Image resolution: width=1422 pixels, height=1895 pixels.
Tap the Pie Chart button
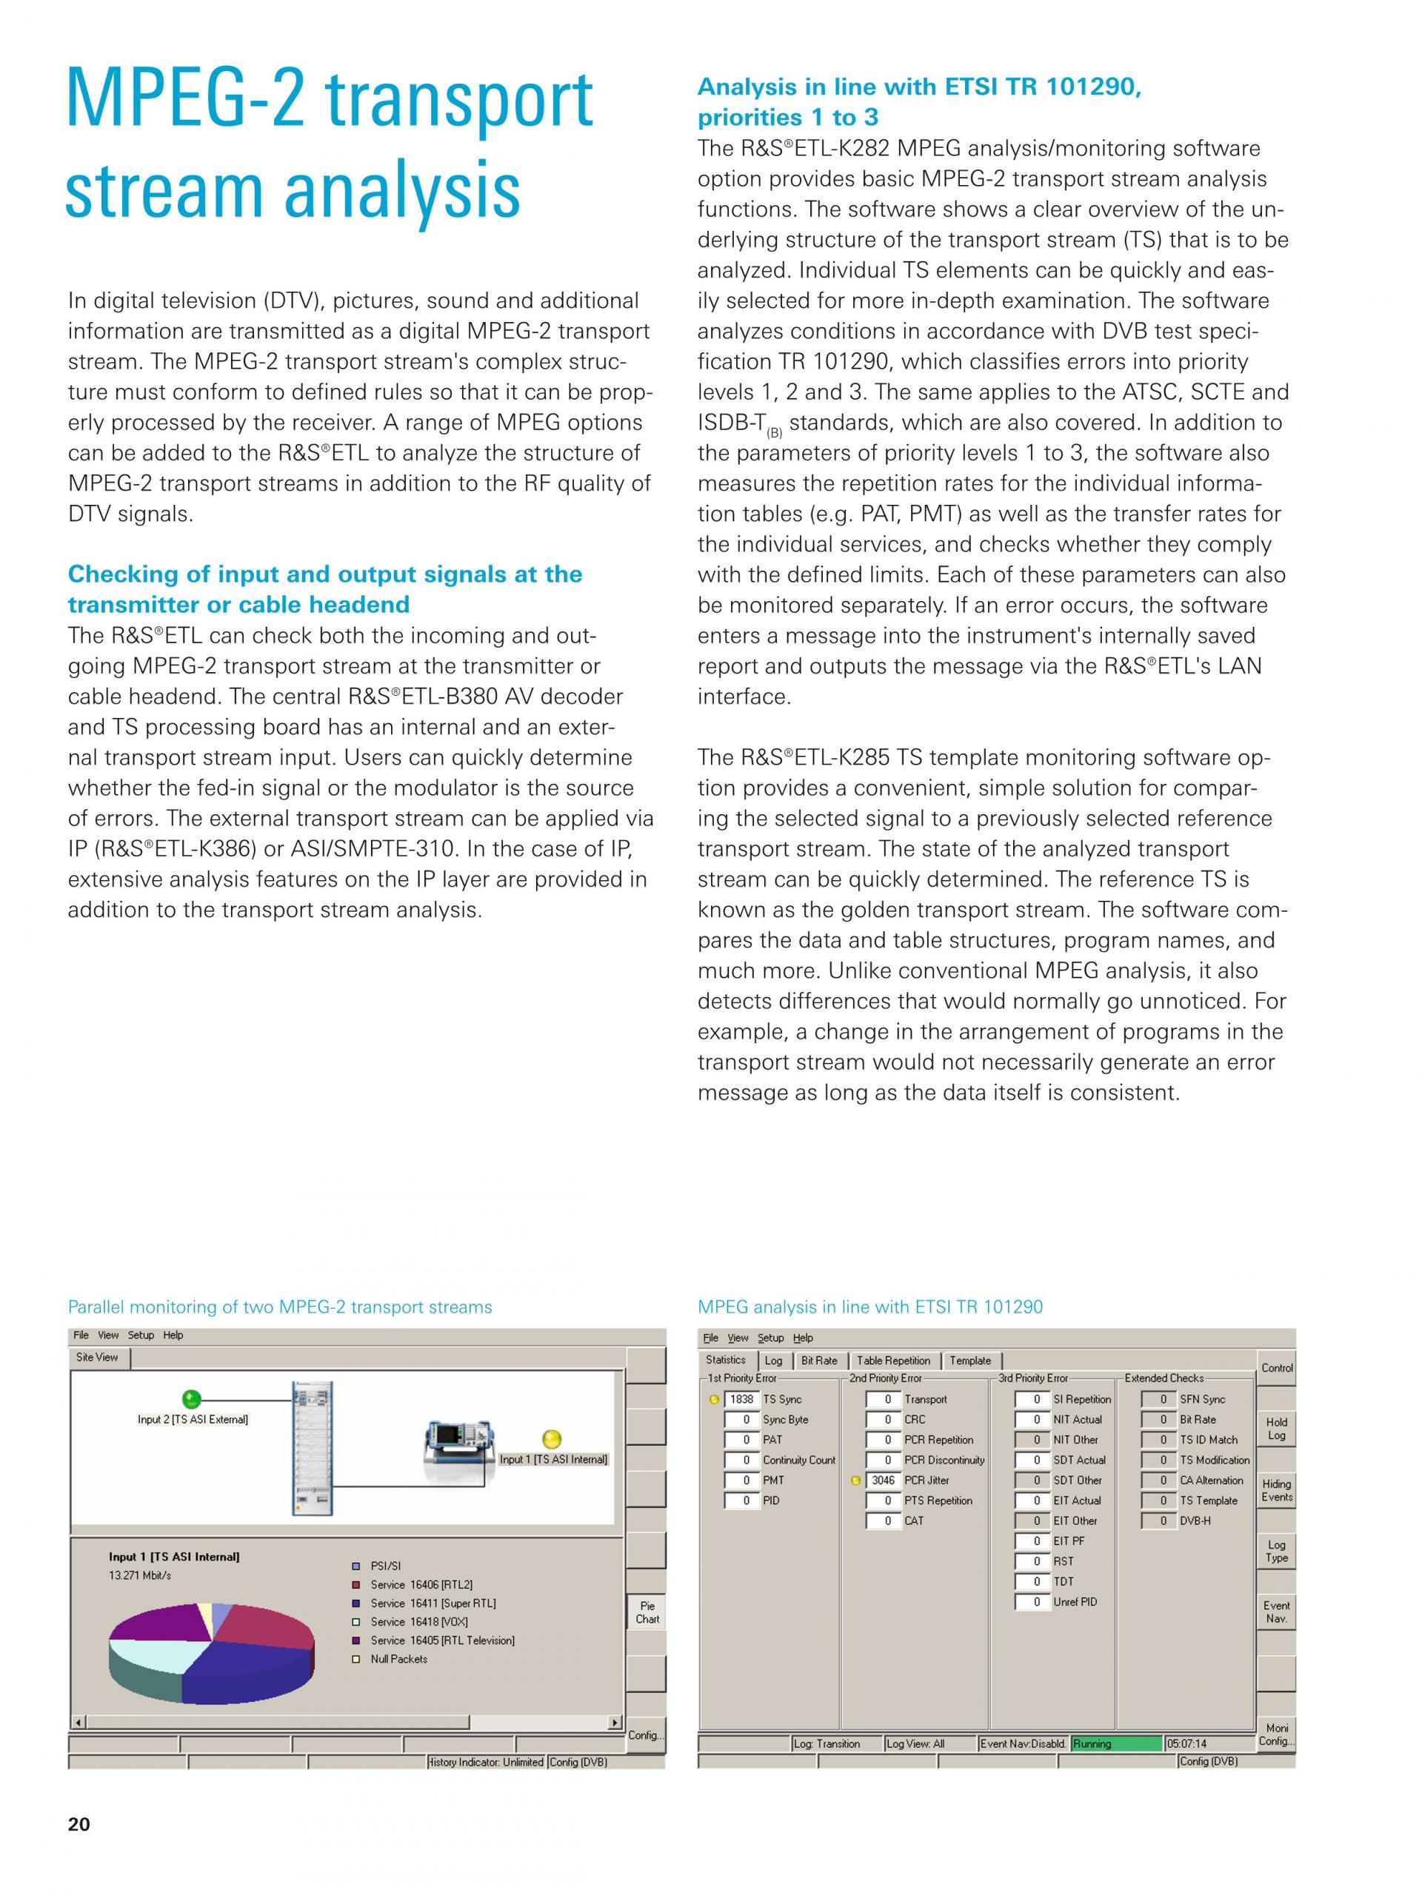[x=647, y=1612]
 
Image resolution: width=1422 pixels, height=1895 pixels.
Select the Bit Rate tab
[x=818, y=1361]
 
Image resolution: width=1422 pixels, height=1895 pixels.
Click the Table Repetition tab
[x=893, y=1361]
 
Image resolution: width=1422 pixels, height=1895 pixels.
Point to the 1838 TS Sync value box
[x=741, y=1399]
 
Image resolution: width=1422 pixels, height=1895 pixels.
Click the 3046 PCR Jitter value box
[x=883, y=1480]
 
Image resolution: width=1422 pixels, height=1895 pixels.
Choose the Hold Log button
[x=1276, y=1428]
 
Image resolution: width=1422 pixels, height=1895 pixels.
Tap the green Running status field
[x=1116, y=1743]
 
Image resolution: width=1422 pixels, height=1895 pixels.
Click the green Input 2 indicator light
[x=192, y=1399]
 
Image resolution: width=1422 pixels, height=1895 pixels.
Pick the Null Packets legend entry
[x=398, y=1659]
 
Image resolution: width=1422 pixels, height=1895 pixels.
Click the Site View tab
[x=97, y=1357]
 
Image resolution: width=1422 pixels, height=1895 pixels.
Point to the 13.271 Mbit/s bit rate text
[x=140, y=1575]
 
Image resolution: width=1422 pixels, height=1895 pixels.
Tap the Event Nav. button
[x=1276, y=1611]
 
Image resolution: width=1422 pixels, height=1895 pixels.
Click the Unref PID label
[x=1075, y=1601]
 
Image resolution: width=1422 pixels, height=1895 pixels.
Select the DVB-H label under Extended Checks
[x=1195, y=1520]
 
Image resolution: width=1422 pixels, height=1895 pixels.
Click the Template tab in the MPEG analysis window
[x=970, y=1361]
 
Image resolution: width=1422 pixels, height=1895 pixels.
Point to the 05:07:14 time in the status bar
[x=1187, y=1743]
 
